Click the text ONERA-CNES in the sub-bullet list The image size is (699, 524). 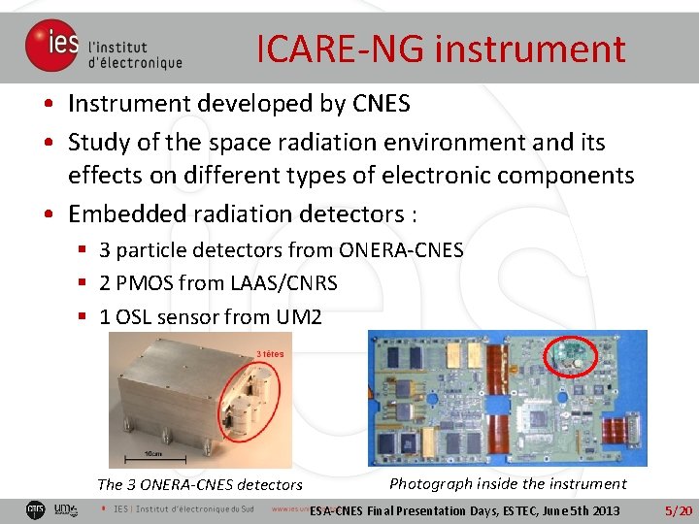click(401, 250)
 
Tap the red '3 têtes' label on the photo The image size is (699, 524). click(270, 353)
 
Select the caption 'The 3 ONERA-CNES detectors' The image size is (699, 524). click(200, 484)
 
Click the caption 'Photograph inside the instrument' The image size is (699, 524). click(508, 483)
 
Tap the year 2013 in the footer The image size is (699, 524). click(602, 510)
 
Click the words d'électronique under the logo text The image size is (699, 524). click(135, 63)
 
